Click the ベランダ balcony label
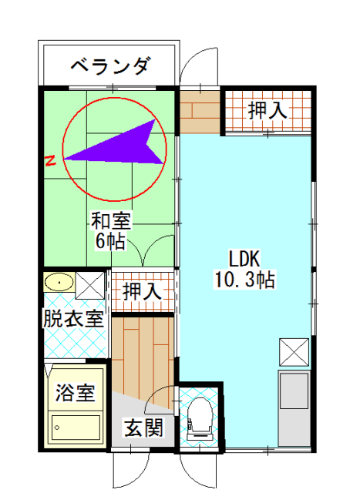tap(109, 66)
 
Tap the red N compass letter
tap(50, 161)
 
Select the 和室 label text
tap(111, 221)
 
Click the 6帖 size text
tap(109, 241)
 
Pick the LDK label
tap(244, 259)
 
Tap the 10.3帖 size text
tap(244, 279)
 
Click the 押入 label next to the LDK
tap(267, 110)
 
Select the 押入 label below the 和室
tap(142, 291)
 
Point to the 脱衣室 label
tap(73, 318)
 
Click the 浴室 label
tap(76, 392)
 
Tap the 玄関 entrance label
tap(143, 428)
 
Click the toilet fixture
tap(200, 419)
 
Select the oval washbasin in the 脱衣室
tap(59, 282)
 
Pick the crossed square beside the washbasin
tap(90, 286)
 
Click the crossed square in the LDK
tap(294, 352)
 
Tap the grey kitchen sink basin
tap(294, 391)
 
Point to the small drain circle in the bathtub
tap(57, 428)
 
